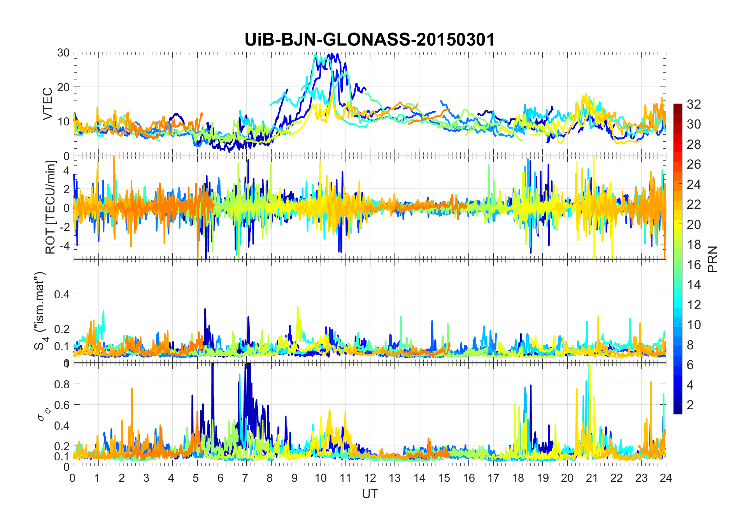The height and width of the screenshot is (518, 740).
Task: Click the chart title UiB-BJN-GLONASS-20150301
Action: [x=370, y=40]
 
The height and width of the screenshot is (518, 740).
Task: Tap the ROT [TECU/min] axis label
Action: [x=51, y=207]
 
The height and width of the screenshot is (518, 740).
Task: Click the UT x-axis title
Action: [x=370, y=494]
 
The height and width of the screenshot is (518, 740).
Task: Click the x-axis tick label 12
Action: [x=370, y=478]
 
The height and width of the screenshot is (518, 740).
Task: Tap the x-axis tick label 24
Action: [x=666, y=478]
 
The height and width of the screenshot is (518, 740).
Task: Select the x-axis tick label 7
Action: [x=245, y=478]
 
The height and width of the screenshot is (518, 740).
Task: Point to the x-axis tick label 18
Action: [x=518, y=478]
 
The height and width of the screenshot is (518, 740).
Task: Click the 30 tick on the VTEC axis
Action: [x=63, y=53]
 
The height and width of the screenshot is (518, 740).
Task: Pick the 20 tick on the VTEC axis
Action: [x=63, y=87]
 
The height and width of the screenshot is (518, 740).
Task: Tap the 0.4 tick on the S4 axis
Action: [x=62, y=294]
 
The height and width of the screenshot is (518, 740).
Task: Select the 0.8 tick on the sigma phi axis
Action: [x=62, y=384]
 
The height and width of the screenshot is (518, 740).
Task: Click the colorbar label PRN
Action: [x=713, y=259]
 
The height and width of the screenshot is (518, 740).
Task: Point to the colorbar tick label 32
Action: [x=694, y=104]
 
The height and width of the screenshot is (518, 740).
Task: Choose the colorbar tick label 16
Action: [x=694, y=265]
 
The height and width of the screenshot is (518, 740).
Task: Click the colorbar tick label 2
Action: [x=690, y=405]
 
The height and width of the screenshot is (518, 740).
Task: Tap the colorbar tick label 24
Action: [x=694, y=185]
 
